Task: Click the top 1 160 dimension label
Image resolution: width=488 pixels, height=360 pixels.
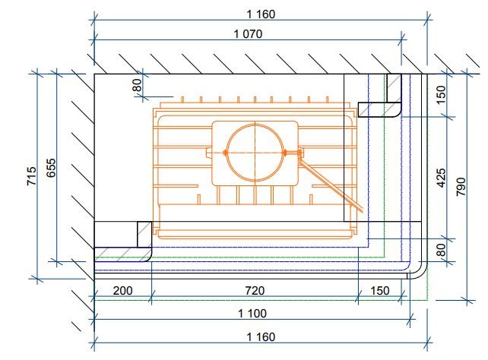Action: pos(261,14)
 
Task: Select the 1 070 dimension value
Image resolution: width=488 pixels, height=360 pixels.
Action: pos(248,34)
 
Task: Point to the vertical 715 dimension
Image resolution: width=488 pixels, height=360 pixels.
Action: pos(31,176)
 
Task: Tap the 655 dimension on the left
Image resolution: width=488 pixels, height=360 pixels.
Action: pos(51,168)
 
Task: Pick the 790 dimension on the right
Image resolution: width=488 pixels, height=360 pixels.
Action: pos(461,187)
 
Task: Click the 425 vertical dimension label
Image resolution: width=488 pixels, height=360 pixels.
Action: pos(441,178)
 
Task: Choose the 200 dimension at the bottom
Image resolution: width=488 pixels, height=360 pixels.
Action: pos(122,291)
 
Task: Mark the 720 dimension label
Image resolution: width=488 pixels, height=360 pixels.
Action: pos(255,291)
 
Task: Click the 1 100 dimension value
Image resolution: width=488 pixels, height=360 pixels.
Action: pos(252,314)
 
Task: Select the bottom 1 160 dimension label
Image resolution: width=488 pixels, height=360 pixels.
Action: pos(261,336)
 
